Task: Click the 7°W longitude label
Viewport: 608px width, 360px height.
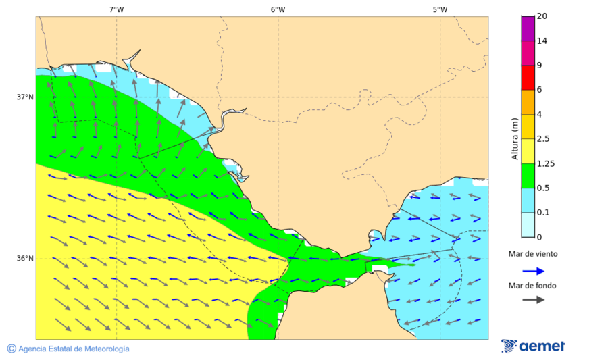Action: pyautogui.click(x=116, y=9)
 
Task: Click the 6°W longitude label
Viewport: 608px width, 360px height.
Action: pyautogui.click(x=278, y=9)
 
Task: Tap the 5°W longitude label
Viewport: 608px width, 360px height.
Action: pyautogui.click(x=440, y=9)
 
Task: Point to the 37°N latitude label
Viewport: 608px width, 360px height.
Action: pyautogui.click(x=25, y=97)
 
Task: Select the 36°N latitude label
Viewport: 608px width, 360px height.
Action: pyautogui.click(x=25, y=259)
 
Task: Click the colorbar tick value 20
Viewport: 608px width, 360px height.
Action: pyautogui.click(x=542, y=16)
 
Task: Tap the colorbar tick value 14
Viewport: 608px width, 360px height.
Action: pyautogui.click(x=542, y=41)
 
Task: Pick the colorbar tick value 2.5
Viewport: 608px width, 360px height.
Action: pyautogui.click(x=543, y=139)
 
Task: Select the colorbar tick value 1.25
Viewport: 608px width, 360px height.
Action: pyautogui.click(x=545, y=163)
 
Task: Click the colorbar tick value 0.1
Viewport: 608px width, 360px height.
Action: pyautogui.click(x=543, y=213)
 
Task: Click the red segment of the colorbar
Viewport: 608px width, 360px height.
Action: pyautogui.click(x=528, y=78)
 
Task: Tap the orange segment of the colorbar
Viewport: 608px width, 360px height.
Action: pyautogui.click(x=528, y=102)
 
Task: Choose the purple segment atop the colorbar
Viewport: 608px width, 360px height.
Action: pyautogui.click(x=528, y=28)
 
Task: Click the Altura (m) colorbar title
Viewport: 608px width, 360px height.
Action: pyautogui.click(x=515, y=138)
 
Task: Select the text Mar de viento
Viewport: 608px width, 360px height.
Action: pyautogui.click(x=533, y=254)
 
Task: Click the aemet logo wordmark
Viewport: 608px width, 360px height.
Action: pyautogui.click(x=542, y=346)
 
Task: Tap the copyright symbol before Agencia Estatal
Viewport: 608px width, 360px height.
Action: pyautogui.click(x=11, y=349)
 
